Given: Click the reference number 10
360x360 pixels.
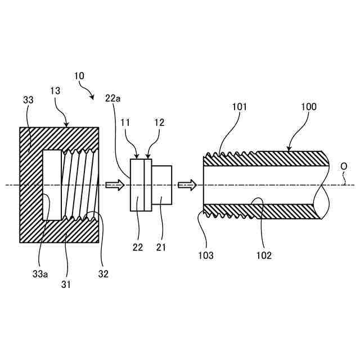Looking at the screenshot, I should (79, 75).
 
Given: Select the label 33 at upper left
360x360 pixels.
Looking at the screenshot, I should (28, 100).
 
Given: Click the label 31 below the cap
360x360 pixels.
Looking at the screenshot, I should (65, 284).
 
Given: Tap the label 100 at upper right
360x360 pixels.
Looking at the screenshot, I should (309, 107).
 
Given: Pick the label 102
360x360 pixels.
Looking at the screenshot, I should (263, 255).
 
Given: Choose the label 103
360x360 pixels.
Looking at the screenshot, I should (206, 255).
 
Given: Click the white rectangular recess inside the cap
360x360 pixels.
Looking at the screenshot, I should (52, 185).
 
